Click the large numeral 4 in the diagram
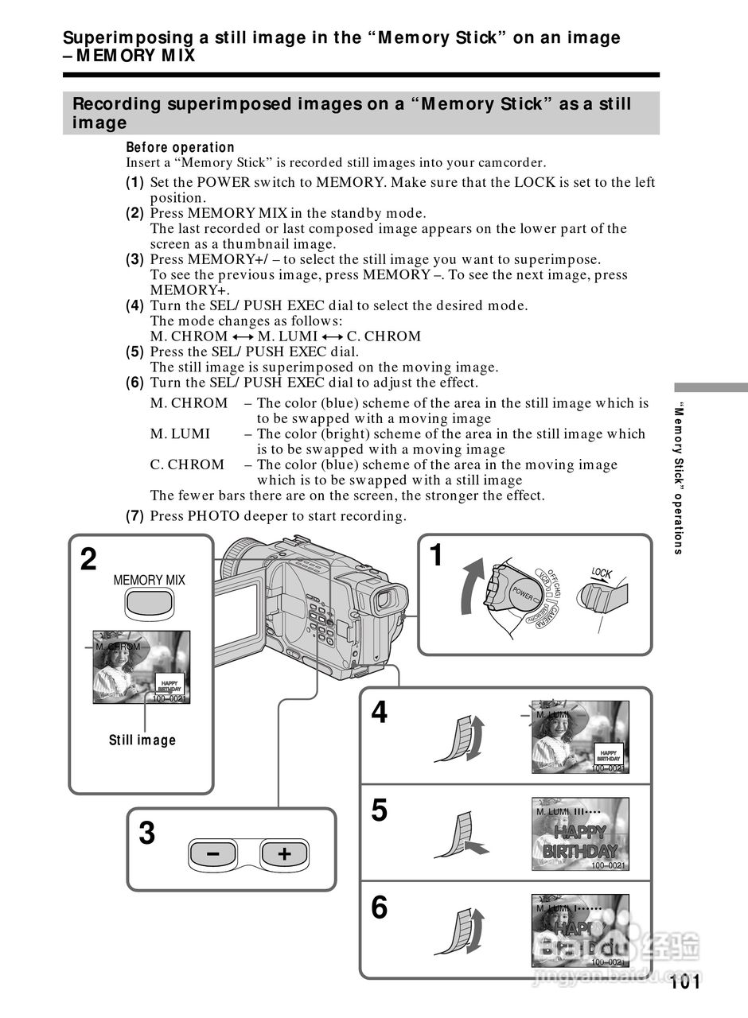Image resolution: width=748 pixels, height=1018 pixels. (x=380, y=713)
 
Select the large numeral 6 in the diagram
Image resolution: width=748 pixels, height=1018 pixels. (x=380, y=907)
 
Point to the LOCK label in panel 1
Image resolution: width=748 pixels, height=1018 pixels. (x=602, y=573)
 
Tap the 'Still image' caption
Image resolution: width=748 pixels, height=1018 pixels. (x=142, y=740)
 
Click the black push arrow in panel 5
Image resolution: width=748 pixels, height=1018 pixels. (x=475, y=848)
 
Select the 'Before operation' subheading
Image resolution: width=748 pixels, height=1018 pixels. (x=180, y=147)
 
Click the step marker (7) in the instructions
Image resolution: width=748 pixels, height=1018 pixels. (x=135, y=516)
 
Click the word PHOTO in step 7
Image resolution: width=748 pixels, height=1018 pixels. (x=208, y=516)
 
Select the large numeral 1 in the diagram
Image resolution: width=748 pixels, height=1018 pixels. (x=435, y=555)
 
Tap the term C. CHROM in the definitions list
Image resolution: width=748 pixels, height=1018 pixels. (x=188, y=465)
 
